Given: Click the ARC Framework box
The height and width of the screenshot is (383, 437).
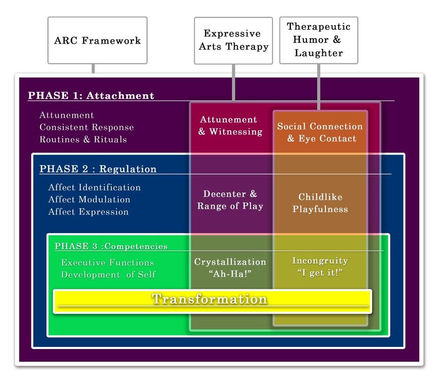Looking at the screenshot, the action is pyautogui.click(x=98, y=40).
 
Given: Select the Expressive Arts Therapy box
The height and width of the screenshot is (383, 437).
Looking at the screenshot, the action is pyautogui.click(x=233, y=41).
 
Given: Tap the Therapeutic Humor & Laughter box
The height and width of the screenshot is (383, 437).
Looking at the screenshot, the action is pyautogui.click(x=319, y=40).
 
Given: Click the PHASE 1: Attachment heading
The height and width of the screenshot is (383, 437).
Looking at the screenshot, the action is pyautogui.click(x=91, y=95).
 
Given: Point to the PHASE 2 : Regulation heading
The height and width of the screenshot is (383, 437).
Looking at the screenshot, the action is pyautogui.click(x=98, y=169).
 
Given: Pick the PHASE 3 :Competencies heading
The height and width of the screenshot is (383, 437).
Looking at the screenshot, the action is pyautogui.click(x=111, y=246).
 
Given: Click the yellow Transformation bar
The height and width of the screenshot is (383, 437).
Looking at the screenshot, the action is pyautogui.click(x=212, y=302).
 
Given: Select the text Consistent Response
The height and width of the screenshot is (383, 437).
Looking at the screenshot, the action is pyautogui.click(x=87, y=127).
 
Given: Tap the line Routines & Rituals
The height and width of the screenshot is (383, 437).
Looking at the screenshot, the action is pyautogui.click(x=83, y=140).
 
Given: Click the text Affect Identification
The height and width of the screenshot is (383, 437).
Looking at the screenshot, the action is pyautogui.click(x=95, y=187).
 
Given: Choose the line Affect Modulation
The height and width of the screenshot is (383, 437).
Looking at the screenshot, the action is pyautogui.click(x=89, y=199).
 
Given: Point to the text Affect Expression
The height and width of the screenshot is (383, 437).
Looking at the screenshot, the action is pyautogui.click(x=88, y=212).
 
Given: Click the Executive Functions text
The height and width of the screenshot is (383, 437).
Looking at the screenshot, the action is pyautogui.click(x=107, y=263).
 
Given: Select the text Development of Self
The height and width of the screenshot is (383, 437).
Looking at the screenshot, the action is pyautogui.click(x=108, y=275).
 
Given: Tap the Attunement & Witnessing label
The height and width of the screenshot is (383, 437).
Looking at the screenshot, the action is pyautogui.click(x=230, y=126).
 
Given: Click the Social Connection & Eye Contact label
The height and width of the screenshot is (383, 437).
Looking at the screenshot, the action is pyautogui.click(x=320, y=132).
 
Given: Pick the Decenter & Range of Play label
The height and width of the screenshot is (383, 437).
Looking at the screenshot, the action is pyautogui.click(x=230, y=200).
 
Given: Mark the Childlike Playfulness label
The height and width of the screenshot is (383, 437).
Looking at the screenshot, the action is pyautogui.click(x=320, y=203).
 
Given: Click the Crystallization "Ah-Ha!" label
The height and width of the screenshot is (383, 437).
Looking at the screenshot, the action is pyautogui.click(x=230, y=268).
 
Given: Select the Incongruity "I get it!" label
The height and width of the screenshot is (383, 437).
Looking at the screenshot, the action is pyautogui.click(x=320, y=267).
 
